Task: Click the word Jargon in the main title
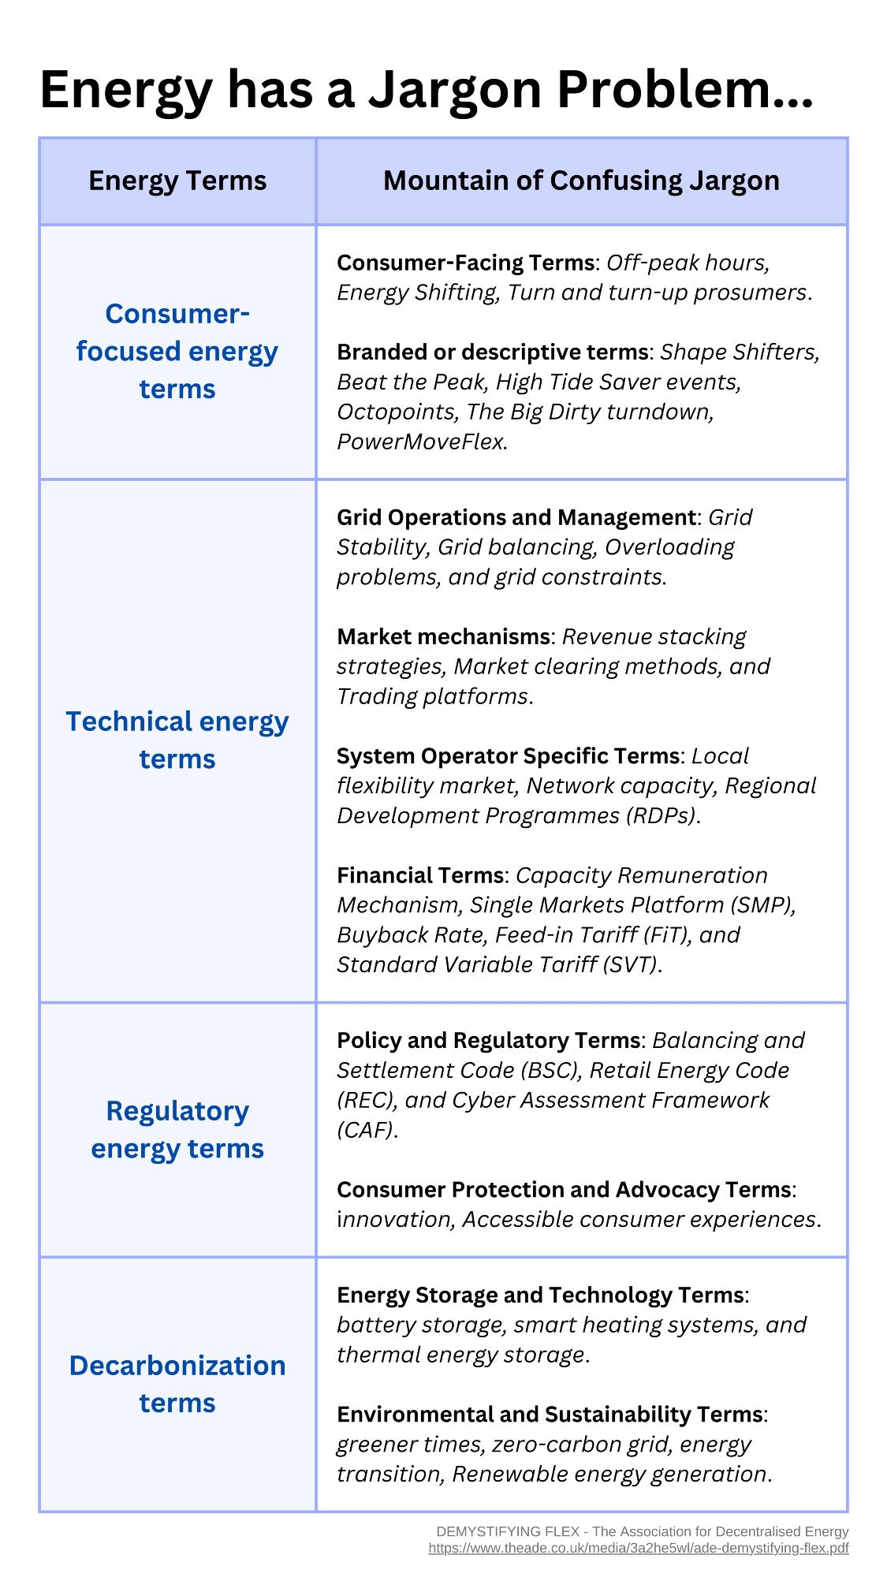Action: click(455, 91)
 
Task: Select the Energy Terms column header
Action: click(177, 181)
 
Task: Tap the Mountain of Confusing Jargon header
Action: click(581, 181)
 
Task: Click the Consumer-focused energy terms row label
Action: click(177, 351)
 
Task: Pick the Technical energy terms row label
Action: click(177, 740)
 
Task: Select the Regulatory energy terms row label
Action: click(177, 1129)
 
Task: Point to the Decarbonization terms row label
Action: click(177, 1384)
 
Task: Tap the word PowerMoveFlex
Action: click(419, 442)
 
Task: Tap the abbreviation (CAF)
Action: click(363, 1131)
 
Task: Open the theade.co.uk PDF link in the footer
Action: click(638, 1548)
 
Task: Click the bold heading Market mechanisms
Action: click(443, 637)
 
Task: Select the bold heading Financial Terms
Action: click(419, 875)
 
